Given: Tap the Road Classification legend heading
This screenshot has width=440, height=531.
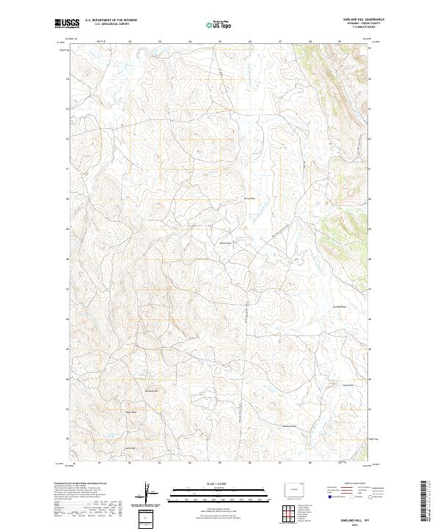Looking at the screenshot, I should [x=352, y=483].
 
